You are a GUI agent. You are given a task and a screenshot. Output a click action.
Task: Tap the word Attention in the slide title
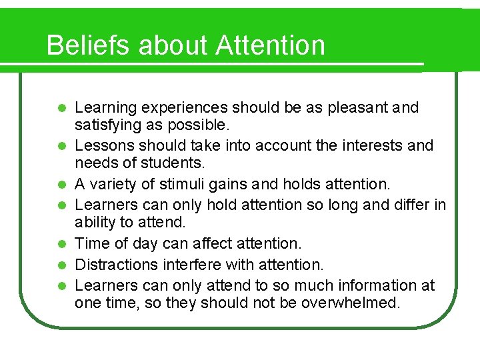click(x=271, y=45)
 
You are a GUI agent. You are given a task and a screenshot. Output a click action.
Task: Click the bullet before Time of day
click(x=61, y=243)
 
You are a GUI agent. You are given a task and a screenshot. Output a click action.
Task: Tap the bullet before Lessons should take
click(x=61, y=146)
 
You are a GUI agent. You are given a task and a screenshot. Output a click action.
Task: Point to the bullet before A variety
click(x=61, y=183)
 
